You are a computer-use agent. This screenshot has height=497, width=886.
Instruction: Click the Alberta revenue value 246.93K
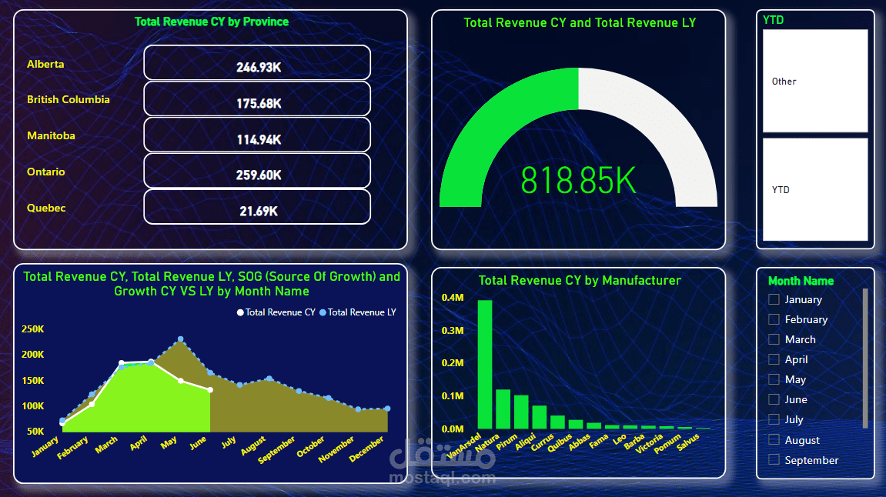(258, 67)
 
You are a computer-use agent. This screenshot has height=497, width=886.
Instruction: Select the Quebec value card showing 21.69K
(257, 207)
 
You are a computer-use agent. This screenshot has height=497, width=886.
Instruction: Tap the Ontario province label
(45, 172)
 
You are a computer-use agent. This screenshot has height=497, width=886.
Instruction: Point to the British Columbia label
(69, 99)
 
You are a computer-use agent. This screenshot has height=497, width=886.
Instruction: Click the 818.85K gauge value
(578, 181)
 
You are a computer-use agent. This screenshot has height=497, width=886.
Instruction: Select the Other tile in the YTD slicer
(815, 81)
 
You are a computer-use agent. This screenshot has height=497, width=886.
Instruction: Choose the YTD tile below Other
(815, 190)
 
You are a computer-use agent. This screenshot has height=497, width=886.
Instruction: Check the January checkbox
(774, 299)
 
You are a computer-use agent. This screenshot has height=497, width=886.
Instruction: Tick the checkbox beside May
(774, 379)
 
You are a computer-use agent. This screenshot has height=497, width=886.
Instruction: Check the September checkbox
(774, 460)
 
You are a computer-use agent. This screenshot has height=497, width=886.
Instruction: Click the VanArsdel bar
(485, 364)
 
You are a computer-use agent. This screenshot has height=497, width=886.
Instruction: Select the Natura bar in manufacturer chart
(503, 409)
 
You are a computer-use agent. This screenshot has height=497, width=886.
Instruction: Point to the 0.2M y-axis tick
(453, 363)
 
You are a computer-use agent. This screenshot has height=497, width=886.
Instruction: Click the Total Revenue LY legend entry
(358, 312)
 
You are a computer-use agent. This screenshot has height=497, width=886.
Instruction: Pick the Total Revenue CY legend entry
(276, 312)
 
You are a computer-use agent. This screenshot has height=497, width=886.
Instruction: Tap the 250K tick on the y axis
(33, 329)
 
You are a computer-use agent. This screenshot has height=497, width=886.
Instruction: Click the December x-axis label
(366, 449)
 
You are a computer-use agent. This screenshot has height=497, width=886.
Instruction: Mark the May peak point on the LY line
(181, 339)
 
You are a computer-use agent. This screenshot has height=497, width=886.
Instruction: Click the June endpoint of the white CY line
(210, 390)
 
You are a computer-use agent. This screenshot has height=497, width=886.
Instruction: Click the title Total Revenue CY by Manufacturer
(580, 281)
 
